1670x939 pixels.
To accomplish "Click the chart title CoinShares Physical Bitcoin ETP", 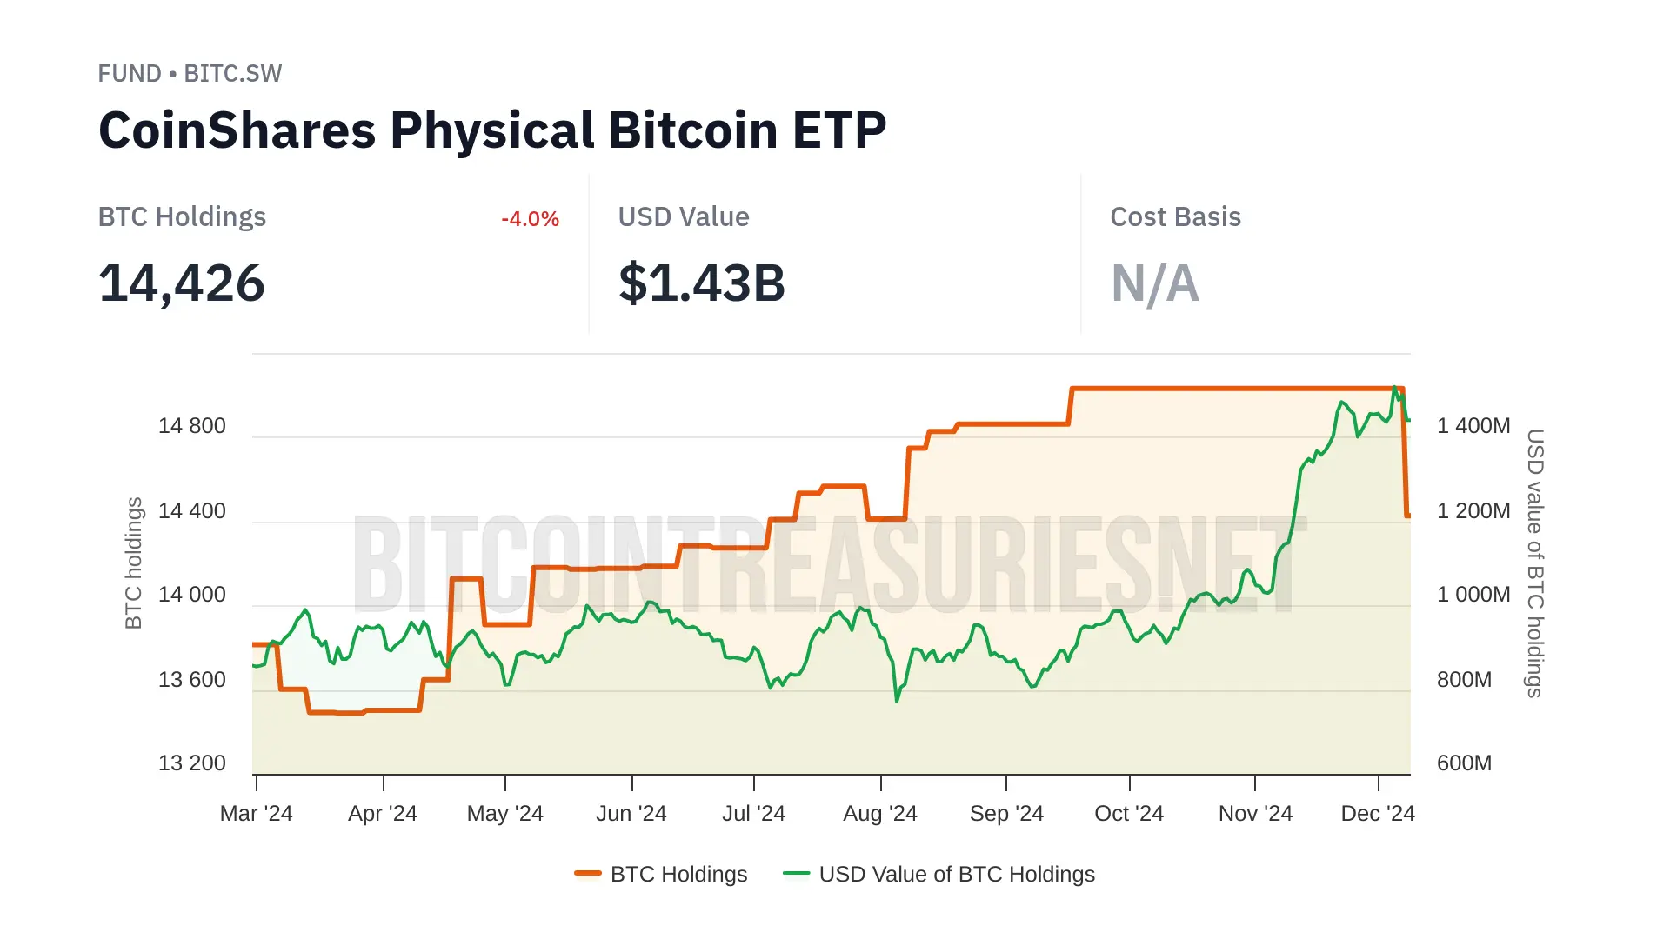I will click(x=492, y=130).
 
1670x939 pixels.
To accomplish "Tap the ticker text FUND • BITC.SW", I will click(x=190, y=74).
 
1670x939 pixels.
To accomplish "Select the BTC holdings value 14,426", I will click(x=181, y=283).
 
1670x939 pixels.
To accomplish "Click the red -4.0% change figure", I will click(x=530, y=219).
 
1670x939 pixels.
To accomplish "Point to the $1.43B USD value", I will click(x=701, y=283).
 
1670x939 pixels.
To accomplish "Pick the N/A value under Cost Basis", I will click(x=1154, y=283).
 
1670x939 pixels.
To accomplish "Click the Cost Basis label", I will click(x=1175, y=216).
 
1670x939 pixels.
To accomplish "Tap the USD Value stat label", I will click(x=683, y=216).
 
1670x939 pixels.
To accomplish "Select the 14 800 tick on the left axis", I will click(x=191, y=426).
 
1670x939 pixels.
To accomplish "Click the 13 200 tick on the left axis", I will click(x=191, y=763).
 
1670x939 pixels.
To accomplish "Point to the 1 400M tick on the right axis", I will click(x=1473, y=426).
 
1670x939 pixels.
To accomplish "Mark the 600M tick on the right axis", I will click(x=1464, y=763).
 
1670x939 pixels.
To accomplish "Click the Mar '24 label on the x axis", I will click(x=256, y=814).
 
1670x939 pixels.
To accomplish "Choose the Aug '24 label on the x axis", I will click(x=879, y=814).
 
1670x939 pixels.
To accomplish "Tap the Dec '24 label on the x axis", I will click(x=1378, y=814).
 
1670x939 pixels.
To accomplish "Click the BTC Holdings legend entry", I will click(x=678, y=874).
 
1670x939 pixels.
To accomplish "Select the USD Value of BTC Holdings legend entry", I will click(x=957, y=874).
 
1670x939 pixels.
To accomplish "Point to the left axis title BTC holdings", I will click(x=133, y=563).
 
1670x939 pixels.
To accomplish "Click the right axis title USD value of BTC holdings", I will click(x=1535, y=563).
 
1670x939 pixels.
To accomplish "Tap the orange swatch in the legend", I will click(x=588, y=874).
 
